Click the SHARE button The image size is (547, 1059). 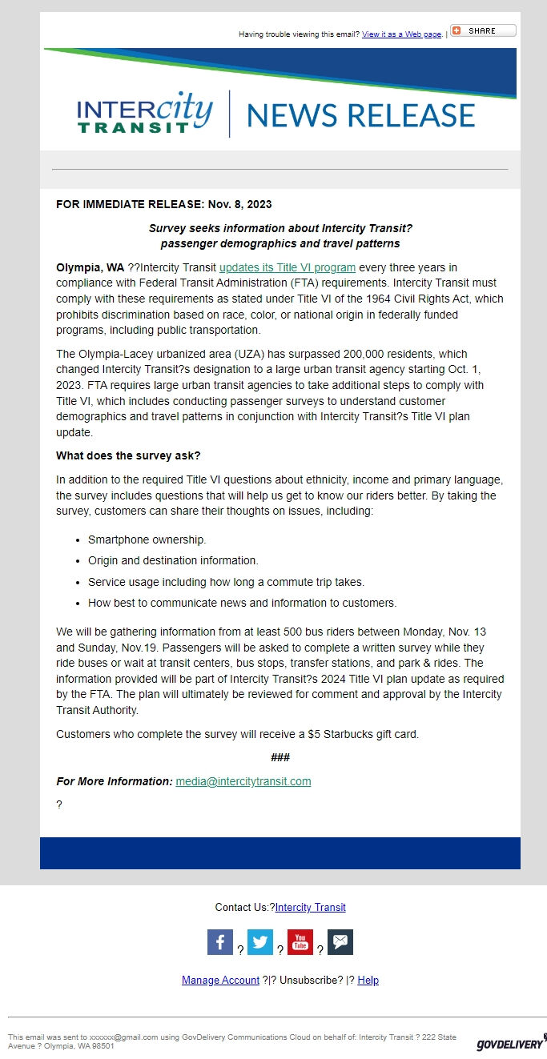483,31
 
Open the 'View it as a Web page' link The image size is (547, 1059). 401,34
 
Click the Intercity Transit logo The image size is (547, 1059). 145,113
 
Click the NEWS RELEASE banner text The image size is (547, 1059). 360,114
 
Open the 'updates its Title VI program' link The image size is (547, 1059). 288,267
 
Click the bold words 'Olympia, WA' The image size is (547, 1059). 90,267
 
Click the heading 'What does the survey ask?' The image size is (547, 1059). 128,455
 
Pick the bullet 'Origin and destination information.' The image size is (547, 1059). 173,561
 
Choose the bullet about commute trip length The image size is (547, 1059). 226,582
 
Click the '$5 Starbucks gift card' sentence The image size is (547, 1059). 237,734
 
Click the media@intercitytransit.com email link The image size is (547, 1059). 243,781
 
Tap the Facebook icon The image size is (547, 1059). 220,942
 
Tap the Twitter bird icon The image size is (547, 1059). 260,942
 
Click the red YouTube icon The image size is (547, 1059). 300,942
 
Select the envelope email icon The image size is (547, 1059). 340,942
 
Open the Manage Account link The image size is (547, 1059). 220,981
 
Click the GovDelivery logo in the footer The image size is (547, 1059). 510,1043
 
